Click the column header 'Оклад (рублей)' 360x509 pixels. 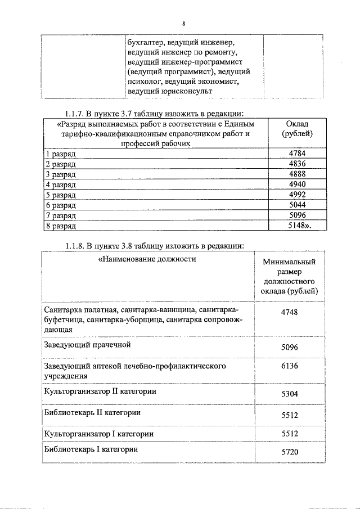296,129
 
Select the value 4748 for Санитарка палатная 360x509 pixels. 289,313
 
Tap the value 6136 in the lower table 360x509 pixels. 289,366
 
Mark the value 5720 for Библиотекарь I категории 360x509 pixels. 289,452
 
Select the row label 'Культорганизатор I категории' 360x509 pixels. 98,434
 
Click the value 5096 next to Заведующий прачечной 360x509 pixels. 289,347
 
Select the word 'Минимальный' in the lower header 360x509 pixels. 289,262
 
